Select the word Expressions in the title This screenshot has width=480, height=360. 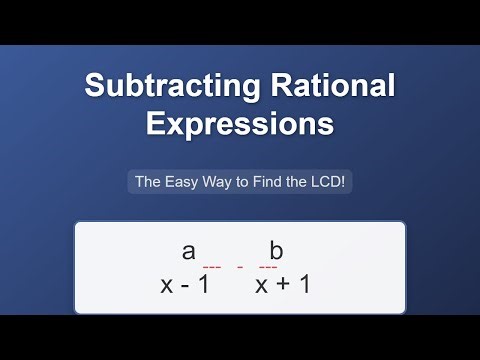pyautogui.click(x=240, y=125)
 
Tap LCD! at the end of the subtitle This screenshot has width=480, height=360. pyautogui.click(x=325, y=182)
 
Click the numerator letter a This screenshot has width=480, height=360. pyautogui.click(x=188, y=251)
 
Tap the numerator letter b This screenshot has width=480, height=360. pyautogui.click(x=277, y=251)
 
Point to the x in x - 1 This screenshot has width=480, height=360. pyautogui.click(x=167, y=284)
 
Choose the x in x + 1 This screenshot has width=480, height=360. pyautogui.click(x=262, y=284)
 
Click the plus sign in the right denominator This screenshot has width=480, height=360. pyautogui.click(x=283, y=284)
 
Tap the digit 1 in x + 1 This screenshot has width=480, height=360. pyautogui.click(x=303, y=284)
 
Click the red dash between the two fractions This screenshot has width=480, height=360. pyautogui.click(x=240, y=268)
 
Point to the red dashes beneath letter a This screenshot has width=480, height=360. pyautogui.click(x=211, y=268)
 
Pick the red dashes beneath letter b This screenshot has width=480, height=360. pyautogui.click(x=268, y=268)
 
